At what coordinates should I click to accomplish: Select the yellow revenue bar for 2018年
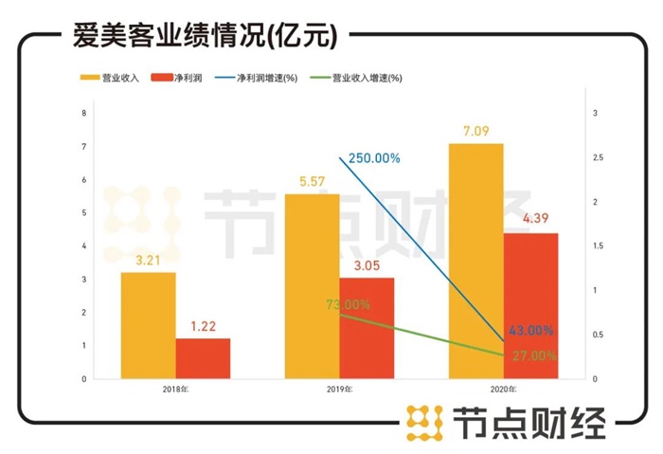[148, 325]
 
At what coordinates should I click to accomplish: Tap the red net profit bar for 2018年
[203, 358]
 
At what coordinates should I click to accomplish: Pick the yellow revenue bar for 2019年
[312, 286]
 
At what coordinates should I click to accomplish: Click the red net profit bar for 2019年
[367, 328]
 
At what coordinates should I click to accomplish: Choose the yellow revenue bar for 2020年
[475, 261]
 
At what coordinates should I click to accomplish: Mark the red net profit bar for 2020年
[530, 305]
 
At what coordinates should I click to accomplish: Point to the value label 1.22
[203, 325]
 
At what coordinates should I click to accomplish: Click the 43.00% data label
[530, 331]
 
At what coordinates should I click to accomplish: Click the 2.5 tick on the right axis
[595, 157]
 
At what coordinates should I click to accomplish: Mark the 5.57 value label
[312, 181]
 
